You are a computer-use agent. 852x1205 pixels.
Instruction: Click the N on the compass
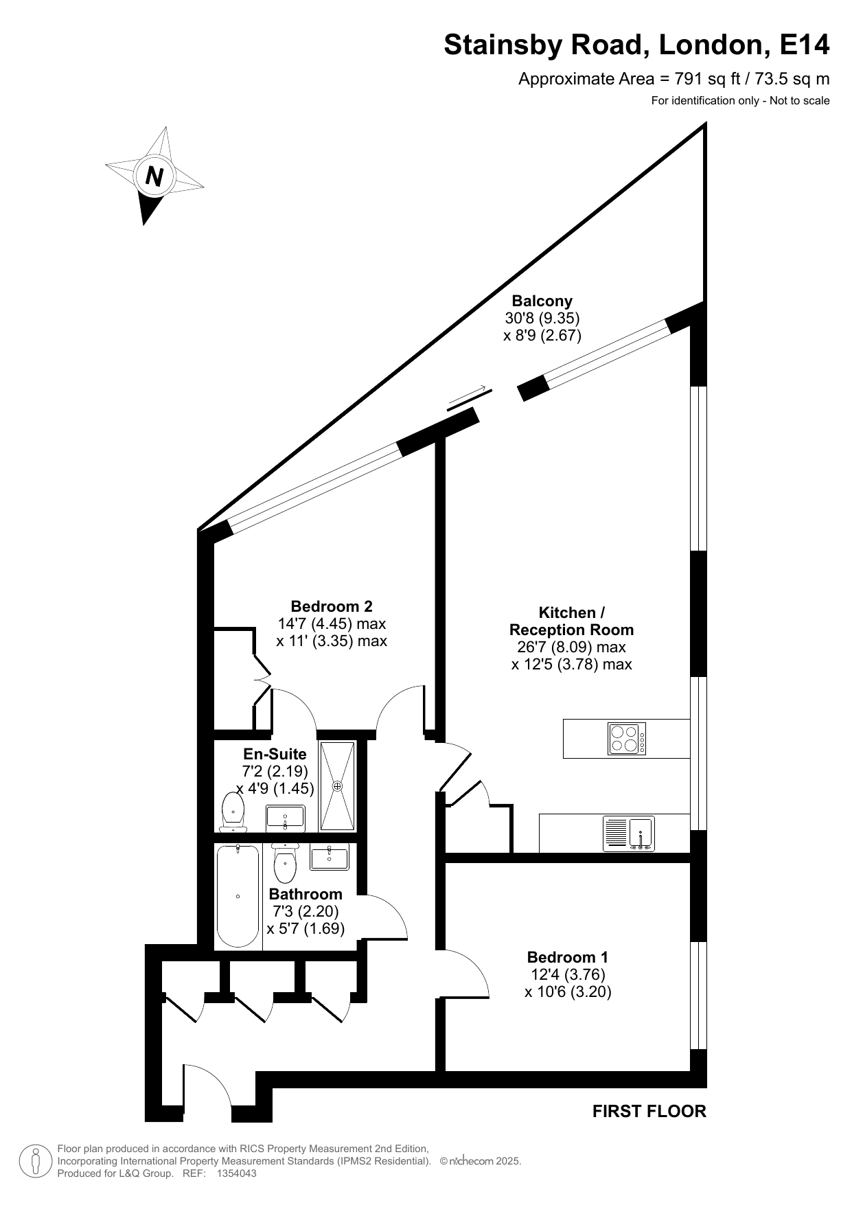[154, 177]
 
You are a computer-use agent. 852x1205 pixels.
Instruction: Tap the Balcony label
[542, 301]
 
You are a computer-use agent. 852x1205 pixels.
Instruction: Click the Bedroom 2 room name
[332, 606]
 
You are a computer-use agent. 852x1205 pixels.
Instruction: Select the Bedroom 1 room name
[568, 957]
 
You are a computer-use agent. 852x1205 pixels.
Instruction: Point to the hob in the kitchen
[627, 739]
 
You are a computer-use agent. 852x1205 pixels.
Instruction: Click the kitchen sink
[629, 833]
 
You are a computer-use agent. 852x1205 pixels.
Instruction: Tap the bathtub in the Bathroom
[238, 897]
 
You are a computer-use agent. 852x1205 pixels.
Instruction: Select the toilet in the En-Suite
[233, 812]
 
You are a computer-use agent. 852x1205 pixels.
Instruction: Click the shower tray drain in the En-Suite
[337, 786]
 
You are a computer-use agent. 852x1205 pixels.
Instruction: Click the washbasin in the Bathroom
[330, 857]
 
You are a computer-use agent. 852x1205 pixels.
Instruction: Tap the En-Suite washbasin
[285, 818]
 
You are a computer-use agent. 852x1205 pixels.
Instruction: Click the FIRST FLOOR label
[649, 1111]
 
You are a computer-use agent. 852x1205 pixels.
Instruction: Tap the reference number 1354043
[236, 1173]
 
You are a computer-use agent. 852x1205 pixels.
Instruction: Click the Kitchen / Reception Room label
[572, 621]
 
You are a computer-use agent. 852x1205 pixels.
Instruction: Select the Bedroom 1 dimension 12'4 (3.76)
[568, 974]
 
